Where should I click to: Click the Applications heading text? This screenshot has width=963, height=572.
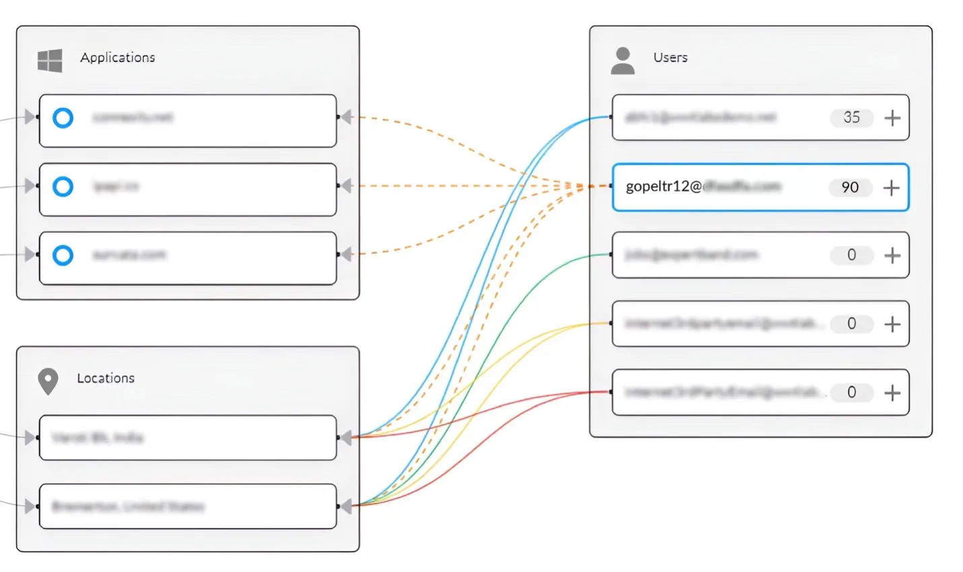click(x=117, y=58)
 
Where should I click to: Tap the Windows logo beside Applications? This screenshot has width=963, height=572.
click(x=50, y=61)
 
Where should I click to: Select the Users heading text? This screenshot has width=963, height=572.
click(x=670, y=58)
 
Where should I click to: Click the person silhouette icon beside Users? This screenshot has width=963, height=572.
click(x=622, y=61)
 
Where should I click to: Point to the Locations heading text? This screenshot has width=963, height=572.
click(x=106, y=379)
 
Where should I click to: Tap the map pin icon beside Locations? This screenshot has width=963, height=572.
click(x=48, y=381)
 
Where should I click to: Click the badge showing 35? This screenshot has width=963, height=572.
click(x=851, y=118)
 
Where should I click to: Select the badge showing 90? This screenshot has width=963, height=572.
click(x=850, y=187)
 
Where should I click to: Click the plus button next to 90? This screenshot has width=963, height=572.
click(x=891, y=187)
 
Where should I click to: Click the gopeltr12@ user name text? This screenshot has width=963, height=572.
click(x=663, y=187)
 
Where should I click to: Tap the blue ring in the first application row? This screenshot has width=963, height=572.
click(x=63, y=118)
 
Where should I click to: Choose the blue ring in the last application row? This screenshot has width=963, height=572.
click(x=63, y=255)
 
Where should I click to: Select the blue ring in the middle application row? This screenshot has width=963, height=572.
click(x=63, y=186)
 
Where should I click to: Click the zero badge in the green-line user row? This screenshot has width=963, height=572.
click(x=851, y=255)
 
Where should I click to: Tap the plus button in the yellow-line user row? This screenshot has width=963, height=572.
click(x=892, y=324)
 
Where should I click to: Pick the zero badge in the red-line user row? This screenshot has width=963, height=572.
click(x=851, y=393)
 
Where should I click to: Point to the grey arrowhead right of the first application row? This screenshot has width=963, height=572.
click(x=347, y=117)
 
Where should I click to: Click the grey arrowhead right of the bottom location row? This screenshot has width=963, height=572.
click(x=347, y=506)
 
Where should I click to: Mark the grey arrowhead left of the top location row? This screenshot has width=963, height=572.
click(x=30, y=438)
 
